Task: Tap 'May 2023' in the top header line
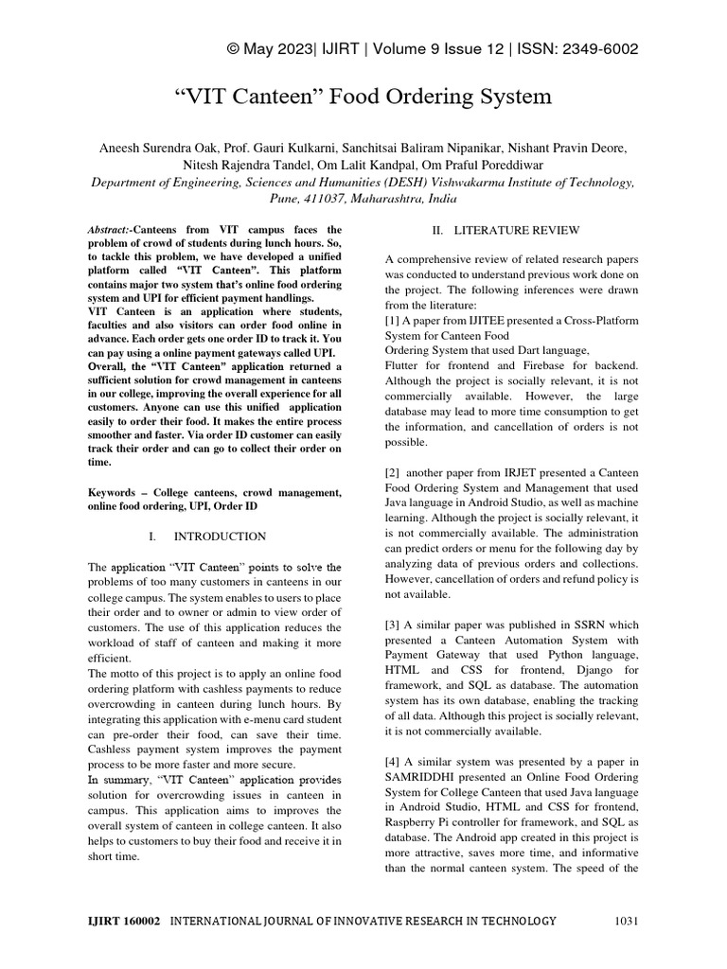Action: (283, 49)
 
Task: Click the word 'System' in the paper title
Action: (505, 97)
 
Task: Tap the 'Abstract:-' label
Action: (110, 230)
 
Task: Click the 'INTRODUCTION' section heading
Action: (222, 537)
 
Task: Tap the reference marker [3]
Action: (394, 625)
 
